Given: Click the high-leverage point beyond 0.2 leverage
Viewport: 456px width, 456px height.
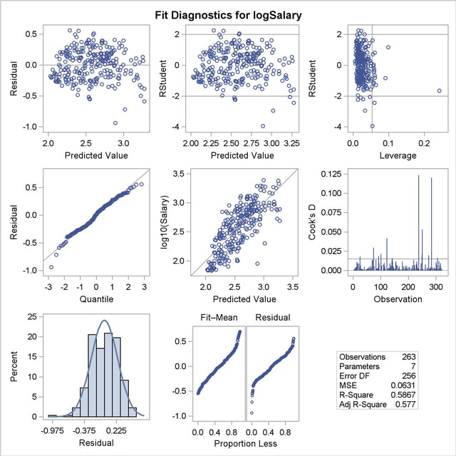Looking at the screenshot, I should point(440,90).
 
